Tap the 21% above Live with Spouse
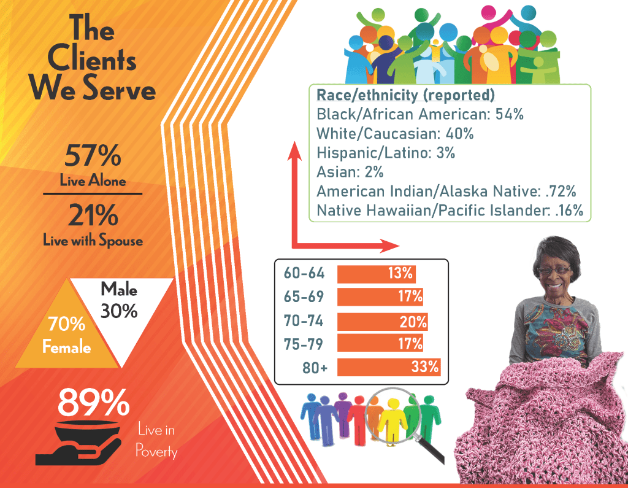pyautogui.click(x=93, y=215)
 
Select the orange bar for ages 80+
pyautogui.click(x=388, y=367)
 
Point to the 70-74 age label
pyautogui.click(x=304, y=320)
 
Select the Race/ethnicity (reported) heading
pyautogui.click(x=405, y=96)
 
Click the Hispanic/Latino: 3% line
pyautogui.click(x=386, y=153)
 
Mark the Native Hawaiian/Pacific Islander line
pyautogui.click(x=449, y=211)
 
